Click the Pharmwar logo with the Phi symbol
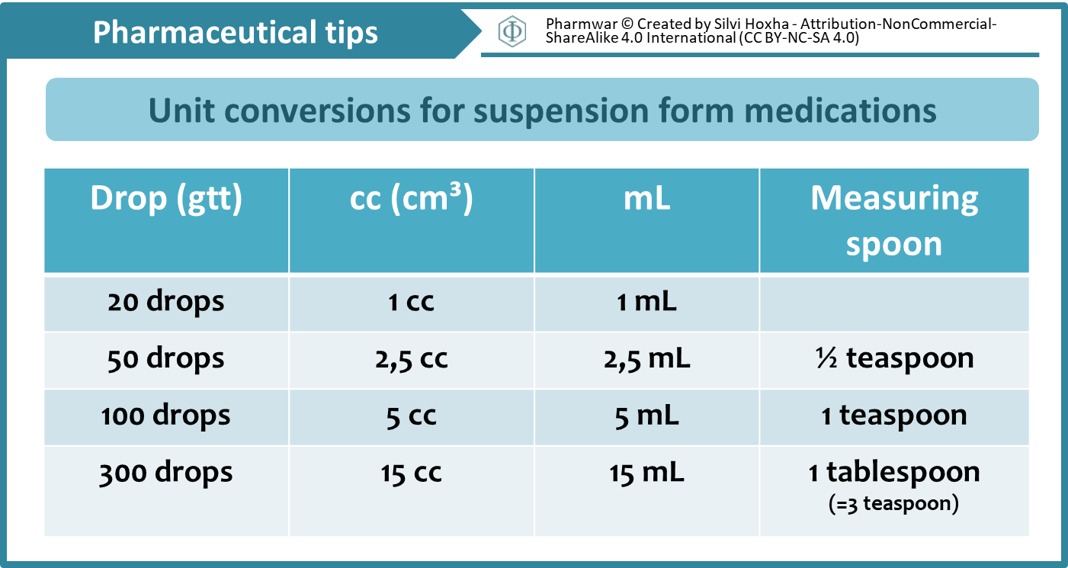point(512,30)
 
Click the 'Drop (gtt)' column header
point(166,198)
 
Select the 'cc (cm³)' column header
point(411,198)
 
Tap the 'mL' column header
point(646,198)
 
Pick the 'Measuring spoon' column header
point(894,220)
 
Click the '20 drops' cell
point(166,301)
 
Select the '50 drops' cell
point(166,358)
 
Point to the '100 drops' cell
point(166,416)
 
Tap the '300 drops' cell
point(166,473)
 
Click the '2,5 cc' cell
point(411,358)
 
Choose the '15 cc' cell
point(411,473)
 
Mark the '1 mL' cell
point(646,301)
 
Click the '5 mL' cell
point(646,416)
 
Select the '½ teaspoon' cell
point(894,358)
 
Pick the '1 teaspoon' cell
point(894,416)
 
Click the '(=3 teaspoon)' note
point(893,504)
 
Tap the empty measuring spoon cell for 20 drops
point(894,303)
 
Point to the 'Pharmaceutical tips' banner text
point(236,32)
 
